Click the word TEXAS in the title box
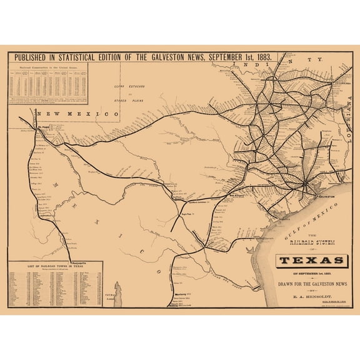coord(311,260)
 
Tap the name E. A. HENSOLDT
coord(311,291)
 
